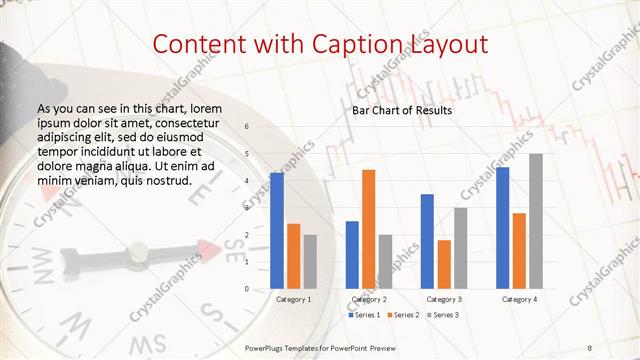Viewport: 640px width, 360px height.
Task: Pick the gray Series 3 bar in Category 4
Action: pos(536,221)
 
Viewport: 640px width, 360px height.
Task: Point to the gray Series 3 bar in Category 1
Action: pos(310,261)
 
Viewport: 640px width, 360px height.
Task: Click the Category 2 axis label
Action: pos(369,299)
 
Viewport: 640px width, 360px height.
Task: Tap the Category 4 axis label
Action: pos(519,299)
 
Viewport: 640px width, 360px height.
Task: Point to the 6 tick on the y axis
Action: pos(248,127)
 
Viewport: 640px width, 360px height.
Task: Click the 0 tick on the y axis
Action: pos(248,289)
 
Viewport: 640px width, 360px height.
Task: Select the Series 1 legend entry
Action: pos(364,315)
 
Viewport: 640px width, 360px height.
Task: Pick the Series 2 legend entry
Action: pos(403,315)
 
